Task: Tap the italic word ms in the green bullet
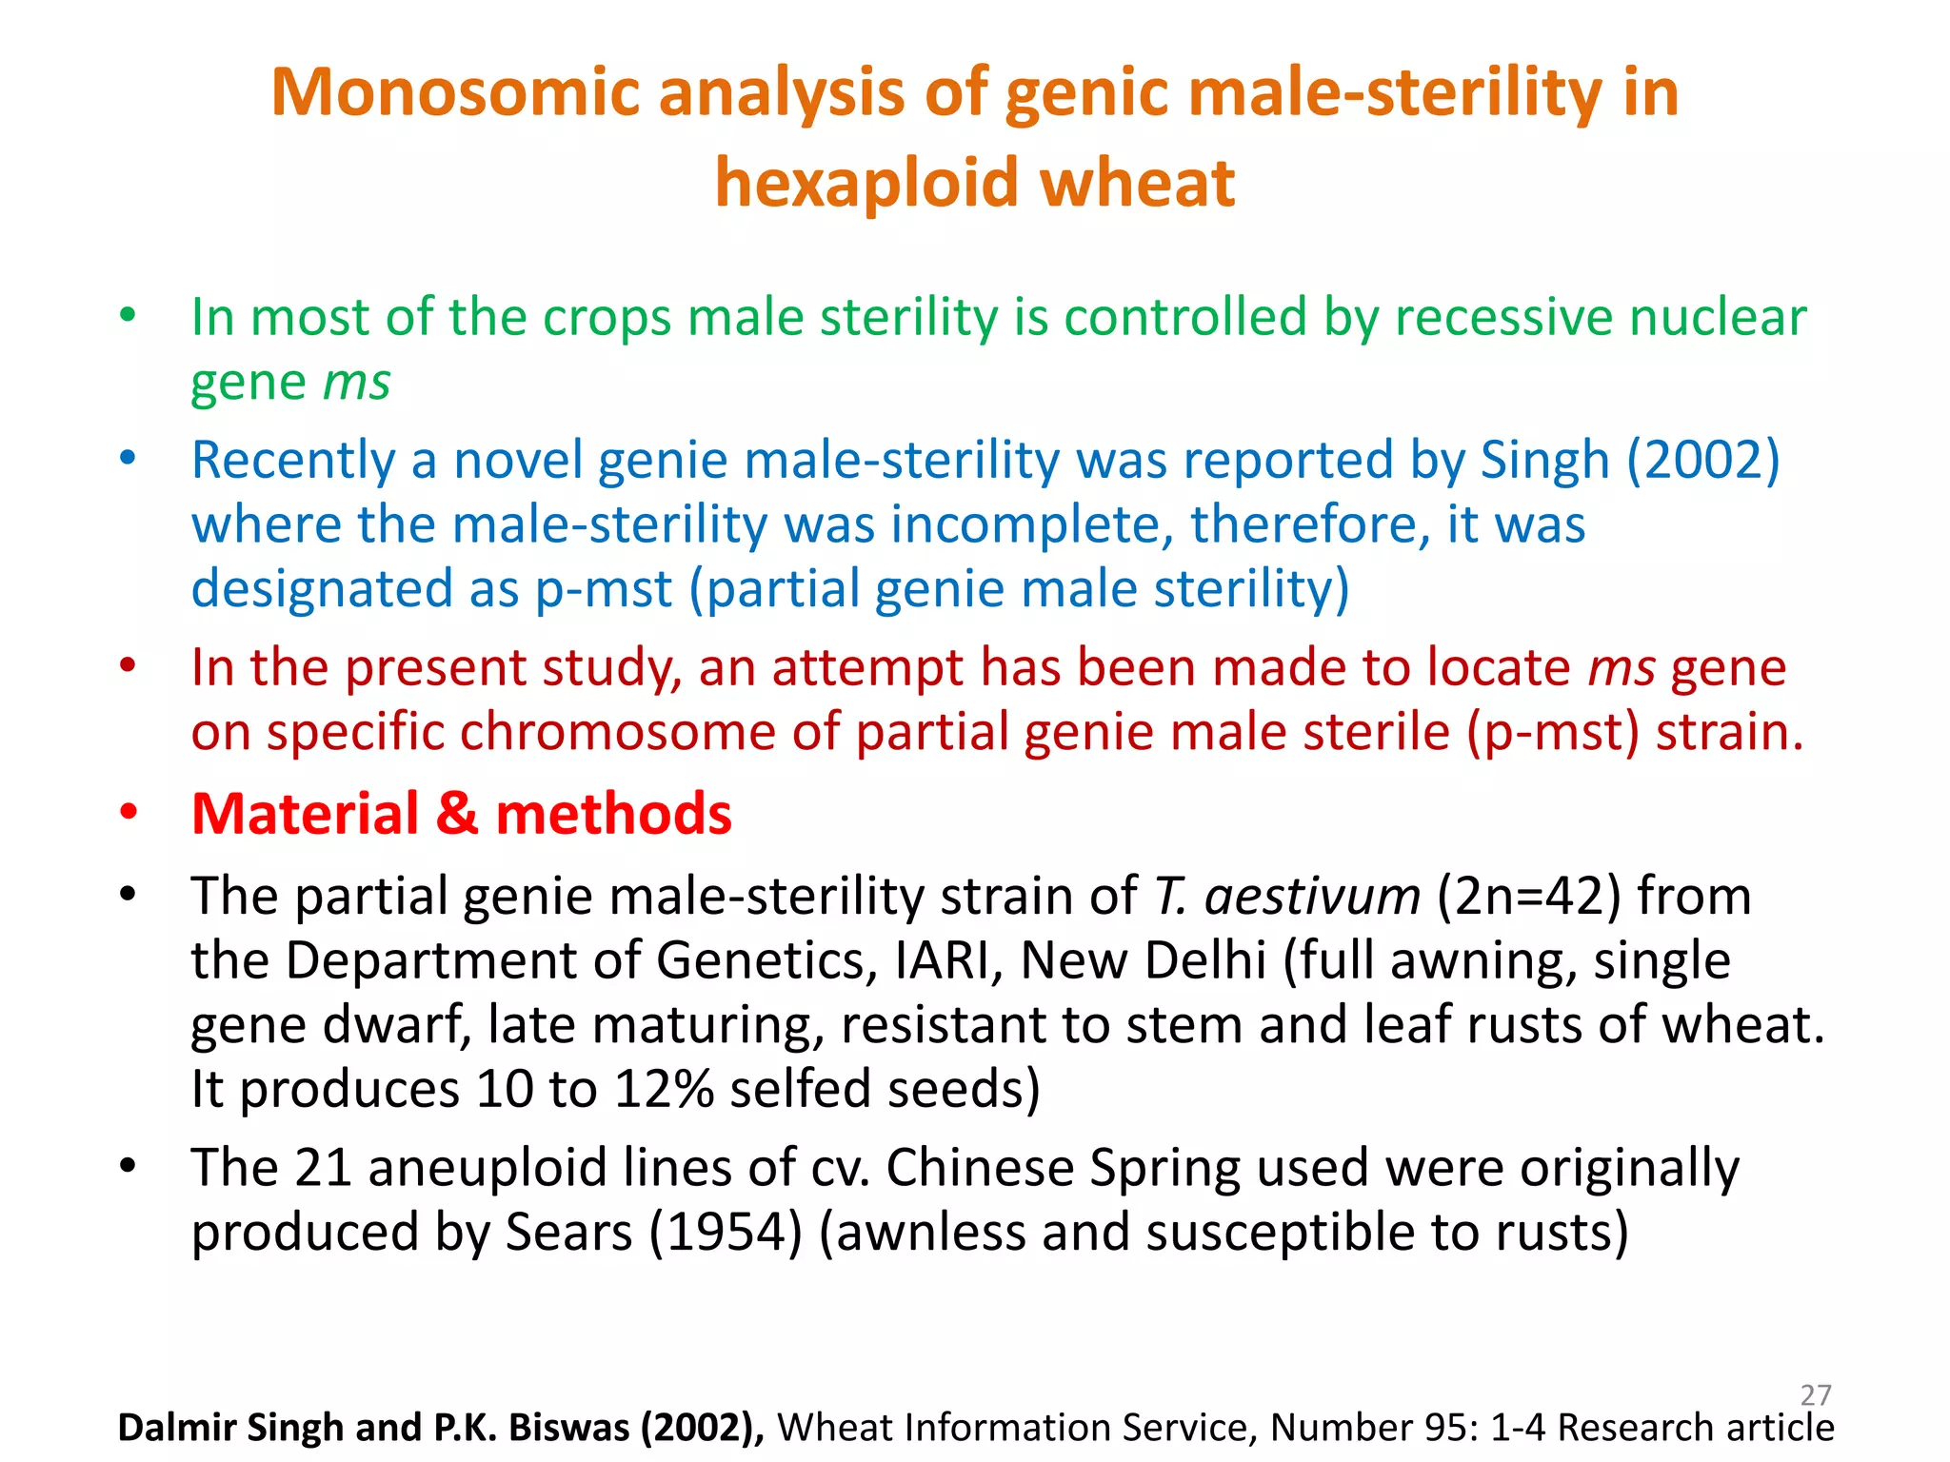(357, 383)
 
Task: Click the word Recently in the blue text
(292, 461)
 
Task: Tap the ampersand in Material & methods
(456, 815)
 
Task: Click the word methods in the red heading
(614, 815)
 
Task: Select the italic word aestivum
(1312, 897)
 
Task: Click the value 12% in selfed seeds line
(664, 1090)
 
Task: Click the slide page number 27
(1816, 1395)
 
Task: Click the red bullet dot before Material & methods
(129, 815)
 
